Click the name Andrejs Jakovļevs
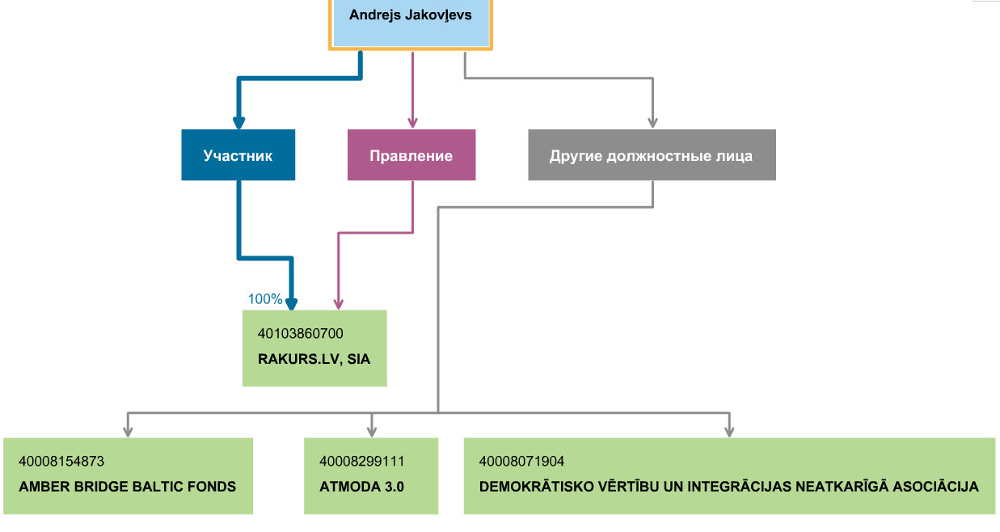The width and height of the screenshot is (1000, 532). click(x=411, y=15)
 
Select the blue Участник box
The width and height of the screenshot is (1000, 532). click(x=238, y=155)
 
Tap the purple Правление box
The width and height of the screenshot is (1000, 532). click(x=411, y=155)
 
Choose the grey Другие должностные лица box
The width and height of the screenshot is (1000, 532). click(x=652, y=155)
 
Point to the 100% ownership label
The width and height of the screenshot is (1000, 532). click(x=265, y=298)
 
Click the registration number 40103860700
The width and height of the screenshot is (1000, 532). click(x=301, y=333)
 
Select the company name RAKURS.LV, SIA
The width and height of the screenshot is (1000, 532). click(x=314, y=359)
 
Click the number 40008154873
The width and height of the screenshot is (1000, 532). click(x=61, y=461)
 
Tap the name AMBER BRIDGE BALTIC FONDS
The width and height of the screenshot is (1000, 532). click(x=127, y=487)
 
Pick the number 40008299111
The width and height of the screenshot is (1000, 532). click(x=362, y=461)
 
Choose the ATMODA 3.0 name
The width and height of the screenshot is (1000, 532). click(x=361, y=487)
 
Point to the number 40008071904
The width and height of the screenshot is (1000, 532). click(x=522, y=461)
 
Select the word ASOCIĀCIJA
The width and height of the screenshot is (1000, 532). click(x=935, y=486)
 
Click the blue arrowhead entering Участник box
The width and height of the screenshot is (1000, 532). click(x=238, y=123)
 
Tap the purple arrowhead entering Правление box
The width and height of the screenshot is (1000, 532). click(x=412, y=123)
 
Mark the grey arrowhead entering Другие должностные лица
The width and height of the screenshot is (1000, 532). click(x=652, y=123)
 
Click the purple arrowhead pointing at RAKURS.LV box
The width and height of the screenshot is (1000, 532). click(x=339, y=304)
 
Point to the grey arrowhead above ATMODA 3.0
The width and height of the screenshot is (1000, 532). click(x=372, y=432)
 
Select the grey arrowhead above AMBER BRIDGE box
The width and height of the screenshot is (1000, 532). click(x=128, y=432)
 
